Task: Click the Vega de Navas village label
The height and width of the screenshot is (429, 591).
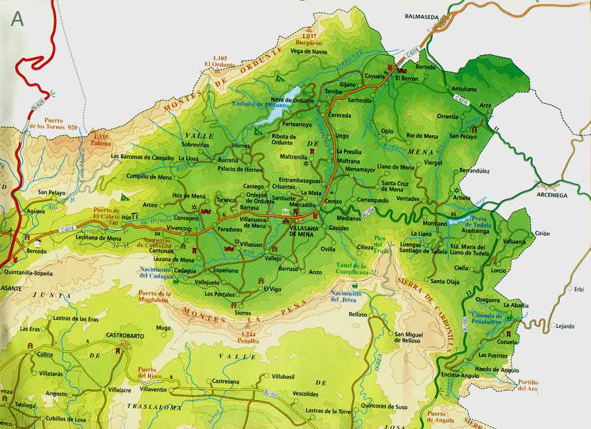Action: [x=309, y=51]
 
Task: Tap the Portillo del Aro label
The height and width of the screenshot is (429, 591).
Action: [x=528, y=385]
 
